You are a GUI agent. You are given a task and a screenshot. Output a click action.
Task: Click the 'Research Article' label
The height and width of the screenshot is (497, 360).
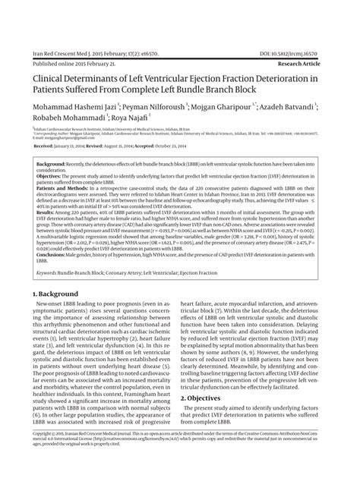pyautogui.click(x=320, y=66)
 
